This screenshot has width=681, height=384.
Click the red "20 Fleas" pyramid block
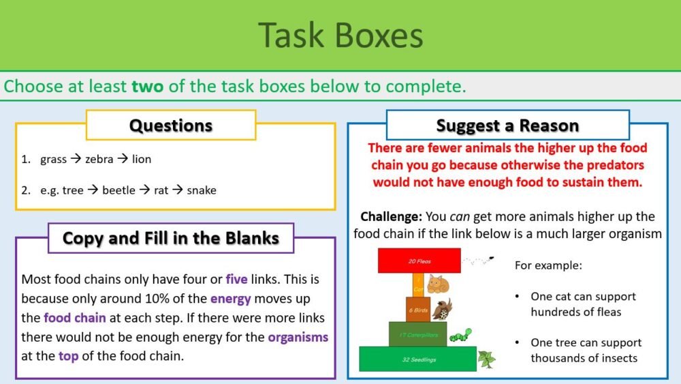pyautogui.click(x=419, y=261)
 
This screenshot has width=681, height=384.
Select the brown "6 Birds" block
pyautogui.click(x=418, y=309)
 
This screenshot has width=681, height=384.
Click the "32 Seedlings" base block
pyautogui.click(x=418, y=359)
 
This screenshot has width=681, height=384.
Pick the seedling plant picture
pyautogui.click(x=486, y=358)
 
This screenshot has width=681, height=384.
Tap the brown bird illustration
pyautogui.click(x=442, y=308)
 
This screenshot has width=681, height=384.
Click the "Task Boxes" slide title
pyautogui.click(x=340, y=35)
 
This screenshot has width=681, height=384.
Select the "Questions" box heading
pyautogui.click(x=171, y=125)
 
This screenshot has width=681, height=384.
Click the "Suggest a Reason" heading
pyautogui.click(x=507, y=125)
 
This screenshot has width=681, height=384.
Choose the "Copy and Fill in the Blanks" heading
pyautogui.click(x=171, y=238)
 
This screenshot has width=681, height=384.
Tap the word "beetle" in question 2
pyautogui.click(x=118, y=190)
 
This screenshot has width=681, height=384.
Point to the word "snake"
pyautogui.click(x=201, y=190)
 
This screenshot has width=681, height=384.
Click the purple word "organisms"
pyautogui.click(x=298, y=337)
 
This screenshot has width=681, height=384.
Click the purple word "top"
pyautogui.click(x=68, y=356)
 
